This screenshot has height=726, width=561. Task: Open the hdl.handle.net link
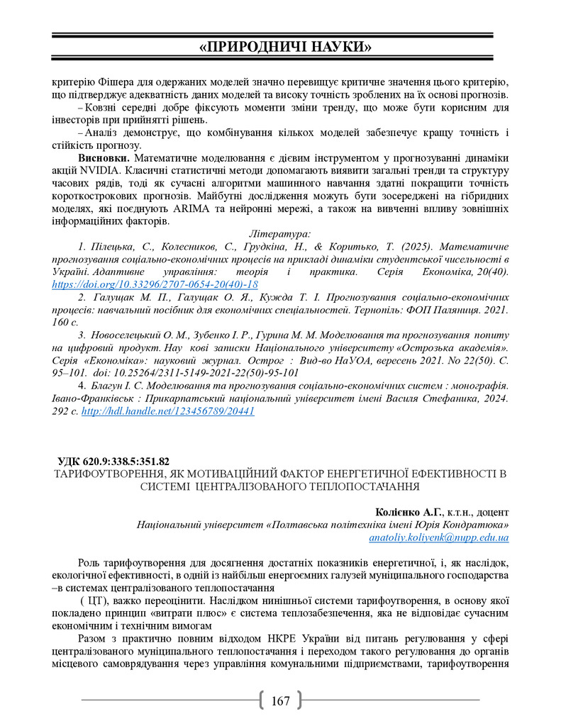(x=168, y=411)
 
